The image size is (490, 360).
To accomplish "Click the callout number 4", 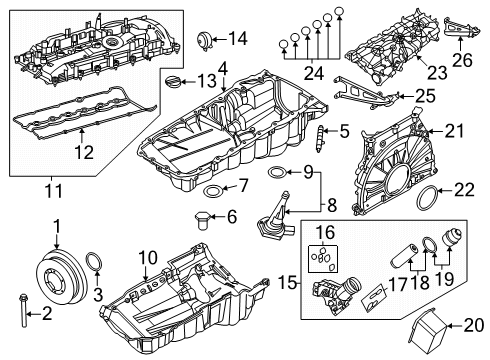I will point(223,67).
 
